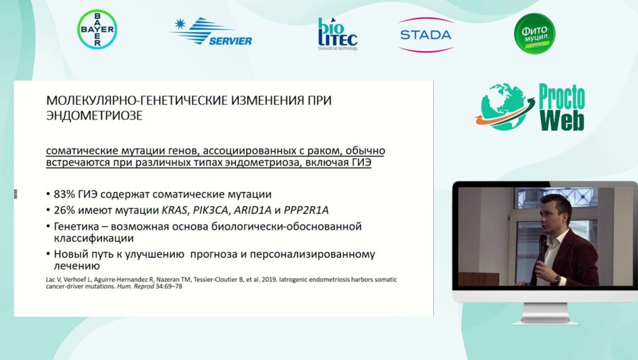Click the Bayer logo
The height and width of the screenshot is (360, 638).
(x=97, y=29)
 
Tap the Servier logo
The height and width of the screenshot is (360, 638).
(x=211, y=32)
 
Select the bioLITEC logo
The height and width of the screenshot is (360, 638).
(x=337, y=33)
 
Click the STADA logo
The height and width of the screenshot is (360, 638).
(x=425, y=34)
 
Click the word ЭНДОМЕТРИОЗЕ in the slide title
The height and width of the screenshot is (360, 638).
(x=94, y=116)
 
